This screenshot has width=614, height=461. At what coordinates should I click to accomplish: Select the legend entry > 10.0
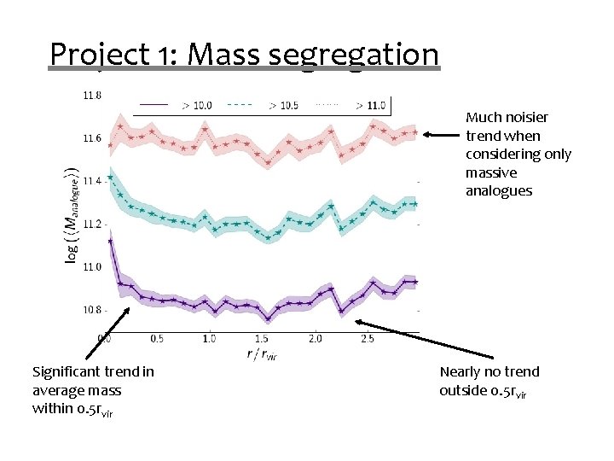[197, 106]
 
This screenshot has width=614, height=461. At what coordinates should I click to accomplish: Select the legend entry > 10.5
[283, 106]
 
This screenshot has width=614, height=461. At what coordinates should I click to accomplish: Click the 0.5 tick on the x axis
[156, 339]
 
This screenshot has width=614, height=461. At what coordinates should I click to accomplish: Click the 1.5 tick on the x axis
[262, 339]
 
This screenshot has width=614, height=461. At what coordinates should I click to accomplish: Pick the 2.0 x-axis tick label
[315, 339]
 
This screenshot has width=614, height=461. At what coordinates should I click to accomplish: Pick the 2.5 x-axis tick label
[368, 339]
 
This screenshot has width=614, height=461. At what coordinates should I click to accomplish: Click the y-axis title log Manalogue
[73, 213]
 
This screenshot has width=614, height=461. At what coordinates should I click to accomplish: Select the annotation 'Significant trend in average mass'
[93, 390]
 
